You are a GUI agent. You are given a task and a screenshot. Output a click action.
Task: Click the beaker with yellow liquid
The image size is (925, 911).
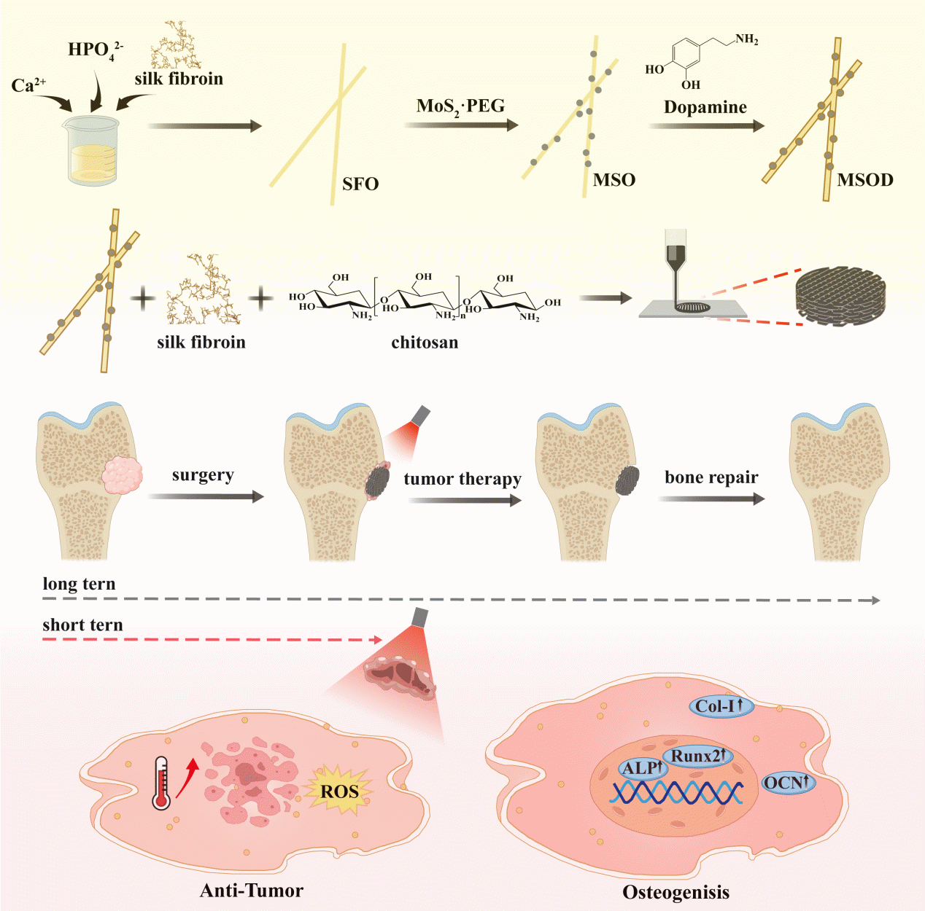click(92, 151)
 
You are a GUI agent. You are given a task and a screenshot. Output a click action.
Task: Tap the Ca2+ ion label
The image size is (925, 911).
click(28, 86)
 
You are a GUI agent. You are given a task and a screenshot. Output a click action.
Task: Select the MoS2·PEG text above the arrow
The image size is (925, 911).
click(460, 106)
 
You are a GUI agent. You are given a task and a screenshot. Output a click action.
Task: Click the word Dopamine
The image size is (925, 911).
click(705, 107)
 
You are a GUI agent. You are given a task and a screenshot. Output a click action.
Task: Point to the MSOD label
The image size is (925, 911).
click(864, 180)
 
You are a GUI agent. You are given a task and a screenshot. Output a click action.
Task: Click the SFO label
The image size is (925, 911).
click(360, 184)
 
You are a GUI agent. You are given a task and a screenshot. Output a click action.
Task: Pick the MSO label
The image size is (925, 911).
click(614, 180)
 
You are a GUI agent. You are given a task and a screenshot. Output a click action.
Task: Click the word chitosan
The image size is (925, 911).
click(425, 343)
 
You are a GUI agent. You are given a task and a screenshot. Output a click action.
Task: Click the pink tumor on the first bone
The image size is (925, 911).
click(121, 476)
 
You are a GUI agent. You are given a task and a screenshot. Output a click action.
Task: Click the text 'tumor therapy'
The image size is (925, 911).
click(462, 479)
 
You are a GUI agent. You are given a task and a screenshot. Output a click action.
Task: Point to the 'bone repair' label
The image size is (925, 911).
click(711, 477)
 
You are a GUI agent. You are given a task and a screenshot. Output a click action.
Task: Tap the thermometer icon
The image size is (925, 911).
click(161, 783)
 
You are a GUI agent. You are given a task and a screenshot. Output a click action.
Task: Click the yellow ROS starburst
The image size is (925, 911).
click(340, 791)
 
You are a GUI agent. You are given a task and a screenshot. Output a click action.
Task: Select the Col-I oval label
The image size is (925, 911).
click(719, 705)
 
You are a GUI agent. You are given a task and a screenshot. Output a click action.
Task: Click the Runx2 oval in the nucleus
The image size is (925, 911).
click(697, 756)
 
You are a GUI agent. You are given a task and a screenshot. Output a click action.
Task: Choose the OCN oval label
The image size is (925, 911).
click(787, 783)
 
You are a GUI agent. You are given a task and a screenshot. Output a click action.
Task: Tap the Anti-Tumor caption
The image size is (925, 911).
click(252, 890)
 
